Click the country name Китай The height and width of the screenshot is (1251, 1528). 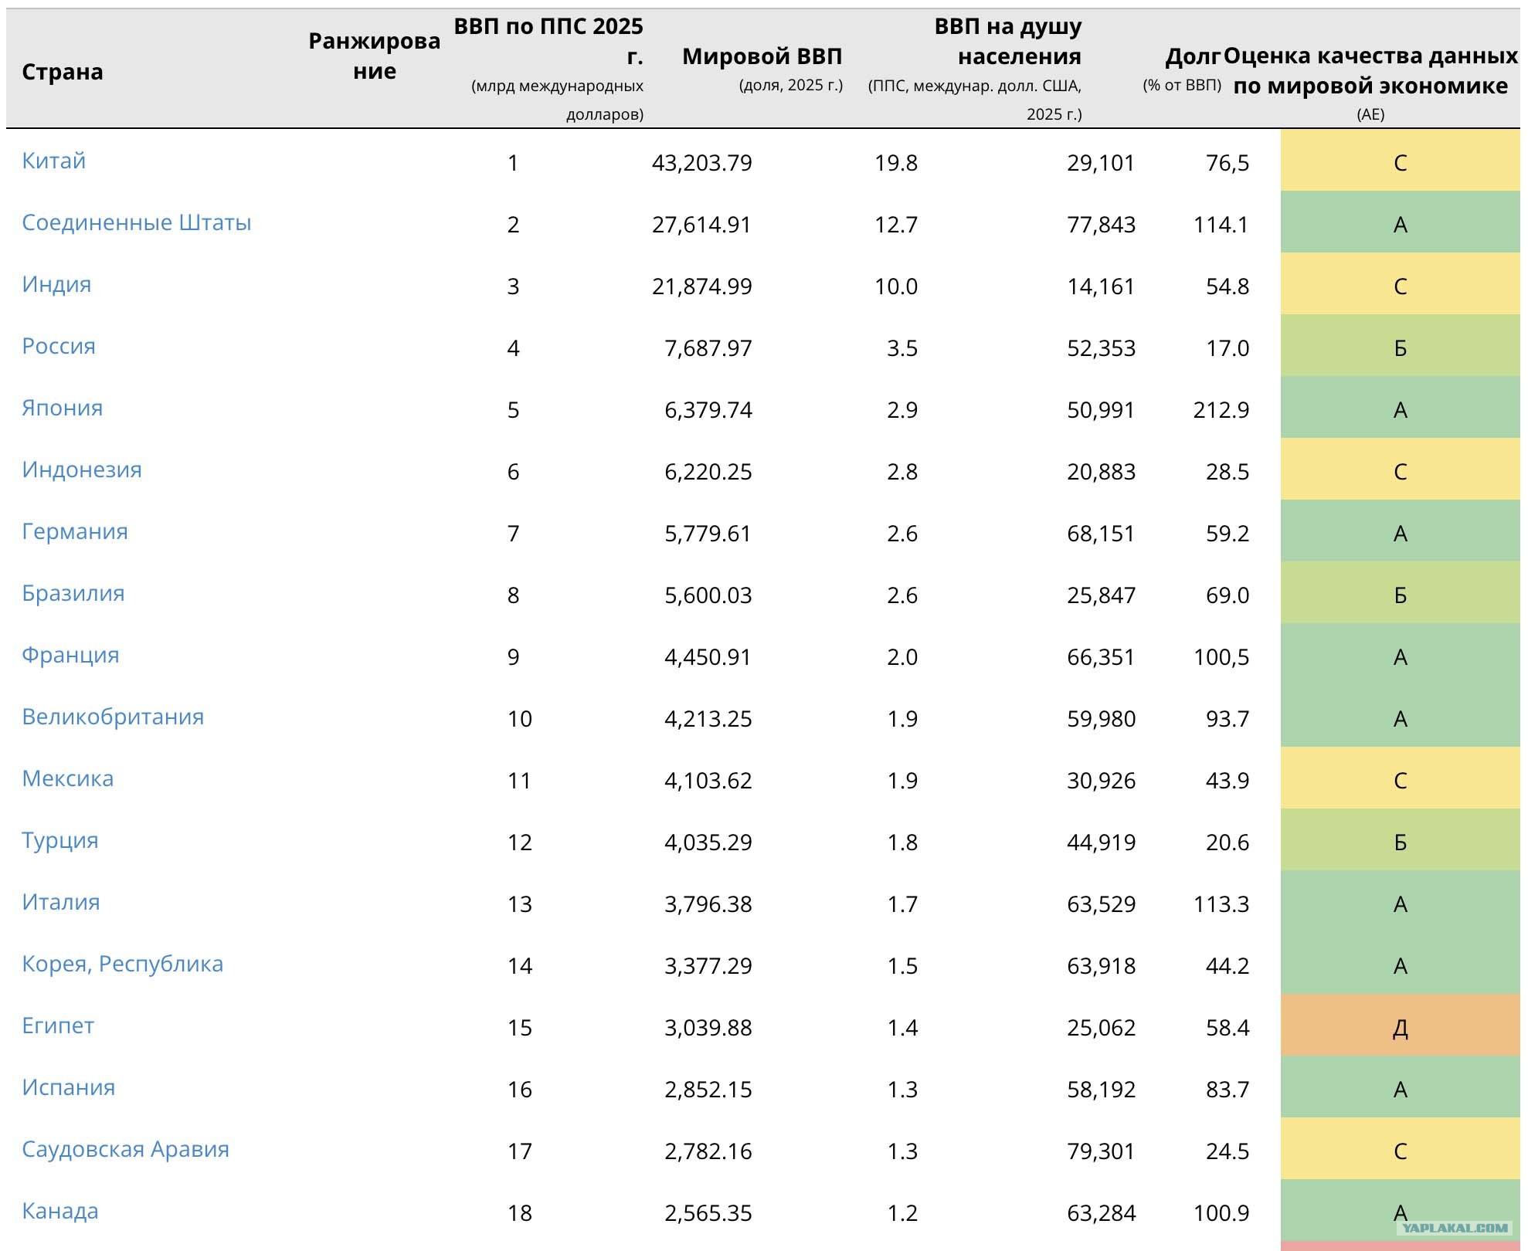(x=53, y=161)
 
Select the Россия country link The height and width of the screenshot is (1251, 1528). (x=59, y=347)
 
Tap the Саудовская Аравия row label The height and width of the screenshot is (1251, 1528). (x=125, y=1150)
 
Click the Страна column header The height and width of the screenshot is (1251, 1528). (x=63, y=72)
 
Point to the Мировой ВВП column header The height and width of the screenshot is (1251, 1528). (x=762, y=56)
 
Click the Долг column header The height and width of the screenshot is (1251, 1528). (x=1193, y=56)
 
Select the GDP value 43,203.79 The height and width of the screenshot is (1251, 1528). (x=701, y=163)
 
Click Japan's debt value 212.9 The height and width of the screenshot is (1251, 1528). (x=1221, y=410)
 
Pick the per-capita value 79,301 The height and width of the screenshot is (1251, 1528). (x=1101, y=1151)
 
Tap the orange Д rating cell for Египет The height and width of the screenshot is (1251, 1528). (x=1400, y=1025)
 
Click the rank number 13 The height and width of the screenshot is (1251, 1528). (x=520, y=904)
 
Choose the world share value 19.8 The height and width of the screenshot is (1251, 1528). (x=895, y=163)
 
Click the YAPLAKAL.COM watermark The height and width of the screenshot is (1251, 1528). (x=1455, y=1228)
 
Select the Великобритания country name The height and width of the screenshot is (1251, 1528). (x=113, y=717)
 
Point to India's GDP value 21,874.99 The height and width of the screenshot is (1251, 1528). (x=701, y=286)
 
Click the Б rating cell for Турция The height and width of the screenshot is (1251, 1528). (x=1400, y=839)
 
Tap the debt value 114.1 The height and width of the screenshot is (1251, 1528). (x=1221, y=225)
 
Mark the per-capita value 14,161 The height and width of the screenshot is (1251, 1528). (x=1101, y=286)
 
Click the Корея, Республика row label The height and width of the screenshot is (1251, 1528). (x=122, y=965)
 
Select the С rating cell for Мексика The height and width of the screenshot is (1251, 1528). (x=1400, y=778)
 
